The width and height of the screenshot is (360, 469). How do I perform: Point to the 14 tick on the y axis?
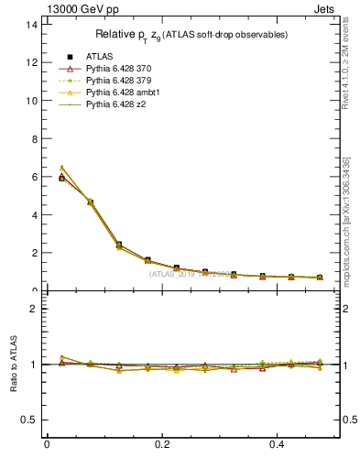32,25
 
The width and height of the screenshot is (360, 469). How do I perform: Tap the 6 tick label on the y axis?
34,177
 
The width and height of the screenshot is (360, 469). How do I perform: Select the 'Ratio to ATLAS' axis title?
14,364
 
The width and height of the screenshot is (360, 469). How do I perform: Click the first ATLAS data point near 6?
61,179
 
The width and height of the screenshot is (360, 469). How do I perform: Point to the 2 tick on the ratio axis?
34,309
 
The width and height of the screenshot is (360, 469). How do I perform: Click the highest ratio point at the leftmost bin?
61,357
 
